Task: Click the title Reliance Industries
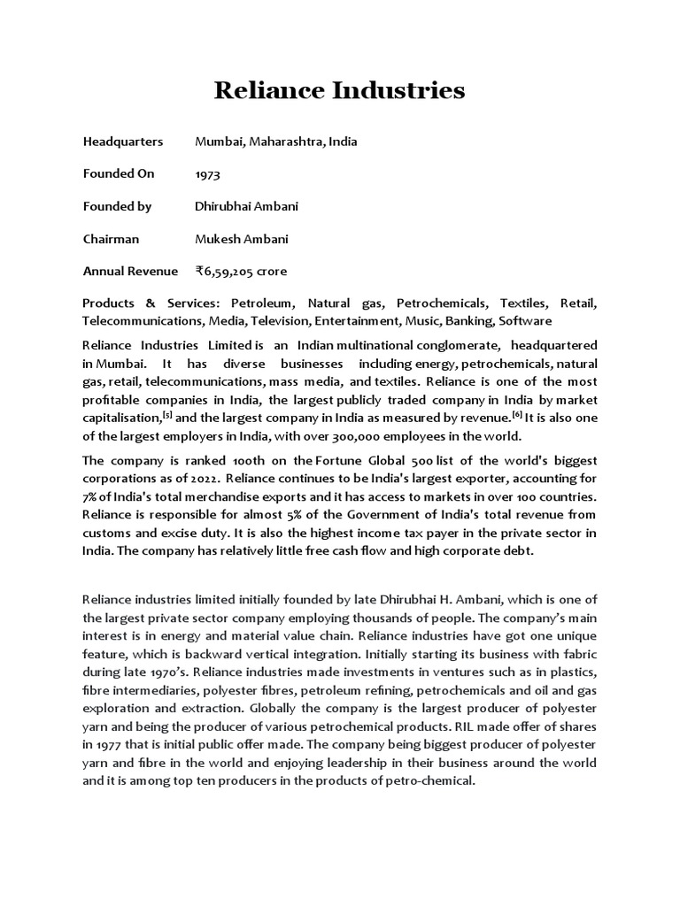point(339,90)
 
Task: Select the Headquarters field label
point(122,142)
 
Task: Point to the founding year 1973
point(208,174)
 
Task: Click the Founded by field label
point(117,206)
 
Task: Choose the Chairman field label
point(111,239)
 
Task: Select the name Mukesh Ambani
point(241,239)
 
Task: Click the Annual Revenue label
point(129,271)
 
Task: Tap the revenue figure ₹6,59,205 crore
point(241,271)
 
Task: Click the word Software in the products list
point(525,320)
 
